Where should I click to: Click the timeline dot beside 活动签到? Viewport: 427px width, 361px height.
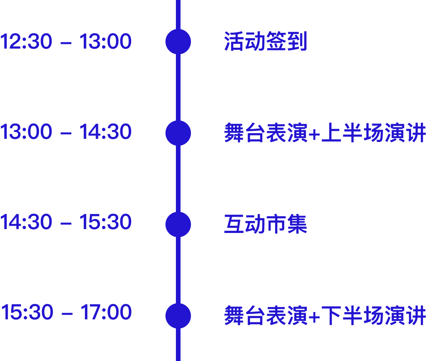click(178, 42)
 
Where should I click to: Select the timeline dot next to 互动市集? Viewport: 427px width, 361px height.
click(178, 224)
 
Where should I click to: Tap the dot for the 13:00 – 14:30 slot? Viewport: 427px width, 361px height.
click(178, 133)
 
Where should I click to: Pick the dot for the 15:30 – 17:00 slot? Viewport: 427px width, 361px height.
click(178, 316)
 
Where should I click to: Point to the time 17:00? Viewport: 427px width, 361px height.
click(106, 312)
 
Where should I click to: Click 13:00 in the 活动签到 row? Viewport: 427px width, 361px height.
click(105, 42)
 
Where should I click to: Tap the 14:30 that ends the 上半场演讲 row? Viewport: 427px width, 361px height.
click(105, 132)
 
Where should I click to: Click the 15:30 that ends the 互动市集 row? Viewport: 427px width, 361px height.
click(105, 223)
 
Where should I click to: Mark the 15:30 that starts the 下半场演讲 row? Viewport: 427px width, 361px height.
click(27, 312)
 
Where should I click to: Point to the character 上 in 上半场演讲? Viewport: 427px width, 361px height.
click(331, 133)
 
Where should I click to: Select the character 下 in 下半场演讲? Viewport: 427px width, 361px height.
click(331, 316)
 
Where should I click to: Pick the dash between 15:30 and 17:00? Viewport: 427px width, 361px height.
click(67, 314)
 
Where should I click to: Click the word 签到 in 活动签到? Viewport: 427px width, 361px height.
click(286, 42)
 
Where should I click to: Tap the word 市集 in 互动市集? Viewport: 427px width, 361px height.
click(286, 224)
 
